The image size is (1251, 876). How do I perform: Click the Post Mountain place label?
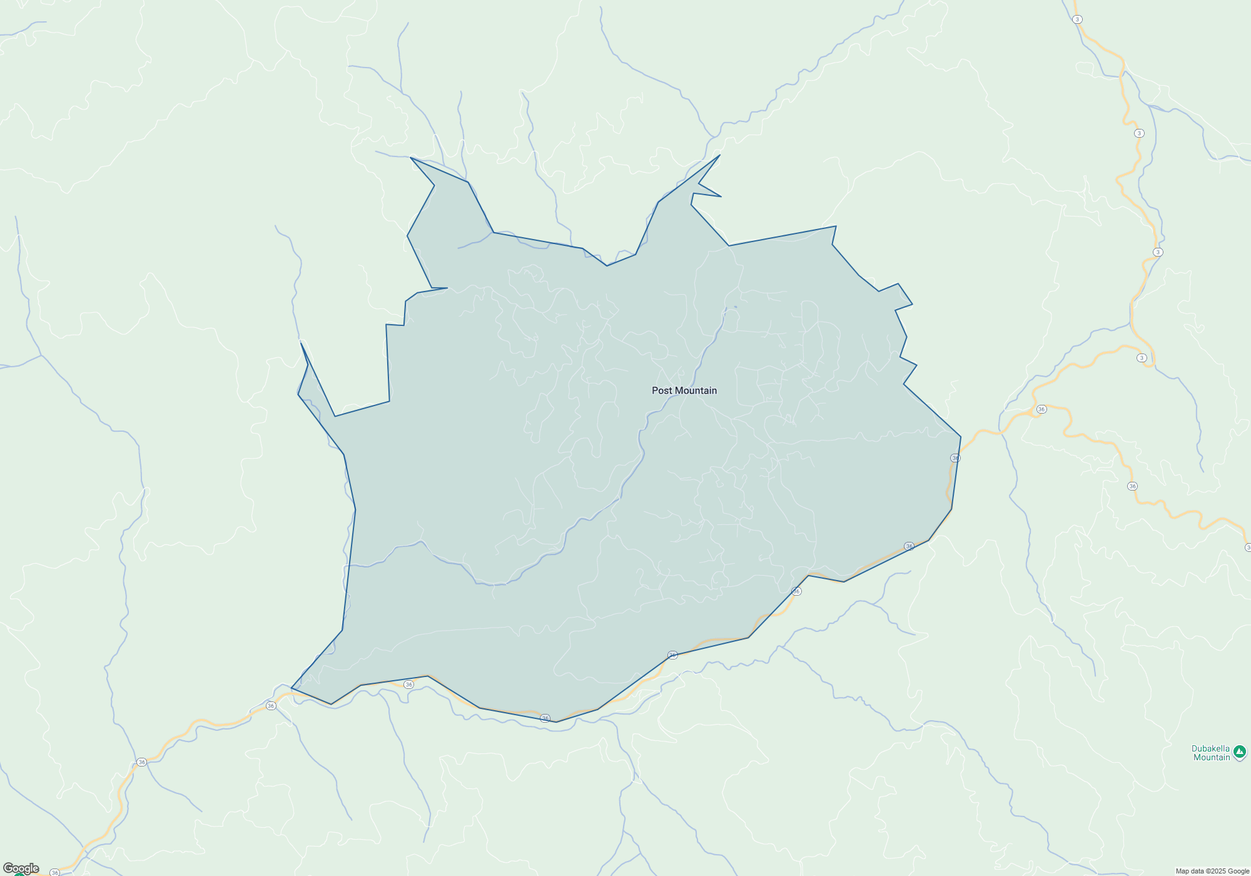684,390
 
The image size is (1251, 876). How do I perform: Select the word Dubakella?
1210,748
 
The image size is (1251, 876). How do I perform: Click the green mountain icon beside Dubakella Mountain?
1240,751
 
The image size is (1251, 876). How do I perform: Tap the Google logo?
21,868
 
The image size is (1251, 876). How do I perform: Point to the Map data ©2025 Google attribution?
1212,871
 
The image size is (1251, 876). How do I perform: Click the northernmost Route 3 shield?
1077,19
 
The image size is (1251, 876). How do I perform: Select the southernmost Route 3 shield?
1142,358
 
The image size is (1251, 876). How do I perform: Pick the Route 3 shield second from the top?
1139,133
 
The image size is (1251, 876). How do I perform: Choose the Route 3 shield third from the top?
1158,252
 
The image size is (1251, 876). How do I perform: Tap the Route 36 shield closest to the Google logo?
55,872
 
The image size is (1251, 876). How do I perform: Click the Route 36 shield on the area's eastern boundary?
955,458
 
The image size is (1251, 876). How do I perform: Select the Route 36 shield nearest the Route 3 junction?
1041,409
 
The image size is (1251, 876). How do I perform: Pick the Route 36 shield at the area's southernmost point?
545,718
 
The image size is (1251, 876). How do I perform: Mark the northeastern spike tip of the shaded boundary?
720,155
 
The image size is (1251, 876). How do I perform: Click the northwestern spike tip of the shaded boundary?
410,158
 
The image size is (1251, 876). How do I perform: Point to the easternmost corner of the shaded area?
961,437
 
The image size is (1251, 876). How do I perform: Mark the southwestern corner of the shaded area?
291,688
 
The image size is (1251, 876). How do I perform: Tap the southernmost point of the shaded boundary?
557,722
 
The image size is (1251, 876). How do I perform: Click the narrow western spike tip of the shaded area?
301,342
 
